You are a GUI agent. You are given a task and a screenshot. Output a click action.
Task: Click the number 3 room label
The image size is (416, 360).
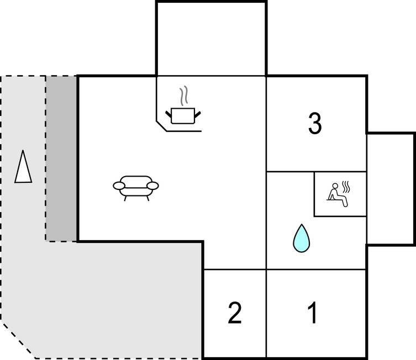click(315, 123)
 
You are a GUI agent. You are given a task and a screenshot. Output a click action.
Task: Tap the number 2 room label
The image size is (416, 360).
click(235, 313)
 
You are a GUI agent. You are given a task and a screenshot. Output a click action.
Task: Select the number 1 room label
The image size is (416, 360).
click(313, 313)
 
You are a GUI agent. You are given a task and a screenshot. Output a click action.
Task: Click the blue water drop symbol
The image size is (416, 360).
click(302, 238)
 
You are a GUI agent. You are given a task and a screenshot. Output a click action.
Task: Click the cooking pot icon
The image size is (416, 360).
click(183, 115)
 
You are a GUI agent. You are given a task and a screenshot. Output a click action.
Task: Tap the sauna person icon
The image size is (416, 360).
click(337, 195)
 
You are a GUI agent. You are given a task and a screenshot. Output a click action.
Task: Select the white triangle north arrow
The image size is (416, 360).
click(23, 167)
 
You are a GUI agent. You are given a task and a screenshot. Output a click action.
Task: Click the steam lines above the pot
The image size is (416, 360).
click(183, 96)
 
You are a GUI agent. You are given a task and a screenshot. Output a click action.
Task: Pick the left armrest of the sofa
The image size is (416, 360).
click(119, 186)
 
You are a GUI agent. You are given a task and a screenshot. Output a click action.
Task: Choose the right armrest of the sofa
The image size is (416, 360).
click(152, 186)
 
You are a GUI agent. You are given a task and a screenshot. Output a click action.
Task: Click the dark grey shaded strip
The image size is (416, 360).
click(61, 158)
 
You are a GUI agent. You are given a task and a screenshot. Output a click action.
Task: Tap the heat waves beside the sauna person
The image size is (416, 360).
click(346, 187)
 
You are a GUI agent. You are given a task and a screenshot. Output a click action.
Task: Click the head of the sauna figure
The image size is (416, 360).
click(335, 186)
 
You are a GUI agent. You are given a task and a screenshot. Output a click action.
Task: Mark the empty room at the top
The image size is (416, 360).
click(211, 39)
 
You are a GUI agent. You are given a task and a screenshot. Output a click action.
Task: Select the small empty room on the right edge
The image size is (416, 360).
click(390, 189)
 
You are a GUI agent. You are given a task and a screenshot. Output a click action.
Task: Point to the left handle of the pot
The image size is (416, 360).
click(168, 114)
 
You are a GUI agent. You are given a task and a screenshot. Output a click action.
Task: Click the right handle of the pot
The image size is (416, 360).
click(198, 114)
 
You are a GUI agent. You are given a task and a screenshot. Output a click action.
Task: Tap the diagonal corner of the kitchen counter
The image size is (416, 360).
click(161, 126)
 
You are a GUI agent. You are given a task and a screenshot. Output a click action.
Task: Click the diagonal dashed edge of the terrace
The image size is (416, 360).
click(18, 340)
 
